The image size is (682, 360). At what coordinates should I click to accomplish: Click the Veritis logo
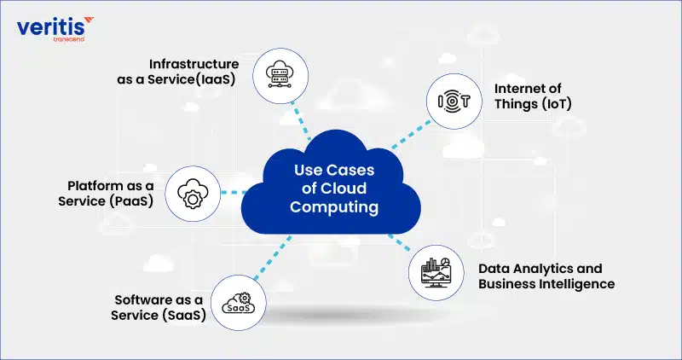click(x=55, y=29)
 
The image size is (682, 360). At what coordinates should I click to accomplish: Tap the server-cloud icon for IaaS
click(x=280, y=76)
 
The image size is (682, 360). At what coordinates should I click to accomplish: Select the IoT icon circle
click(x=454, y=101)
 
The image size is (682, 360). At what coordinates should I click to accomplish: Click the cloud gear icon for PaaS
click(x=193, y=194)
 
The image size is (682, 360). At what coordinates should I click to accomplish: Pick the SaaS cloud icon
click(x=239, y=303)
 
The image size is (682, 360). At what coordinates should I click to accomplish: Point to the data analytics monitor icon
click(x=436, y=272)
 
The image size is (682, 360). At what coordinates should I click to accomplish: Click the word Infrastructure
click(x=194, y=64)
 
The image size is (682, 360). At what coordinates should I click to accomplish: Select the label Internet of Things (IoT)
click(x=533, y=96)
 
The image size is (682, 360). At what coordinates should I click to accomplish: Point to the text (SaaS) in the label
click(x=184, y=316)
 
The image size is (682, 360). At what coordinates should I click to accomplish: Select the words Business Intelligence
click(x=546, y=284)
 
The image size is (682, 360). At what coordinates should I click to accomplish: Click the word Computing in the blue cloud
click(x=334, y=206)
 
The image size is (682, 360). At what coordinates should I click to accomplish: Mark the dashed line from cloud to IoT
click(x=411, y=135)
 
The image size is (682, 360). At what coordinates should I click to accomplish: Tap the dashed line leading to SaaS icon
click(x=272, y=258)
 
